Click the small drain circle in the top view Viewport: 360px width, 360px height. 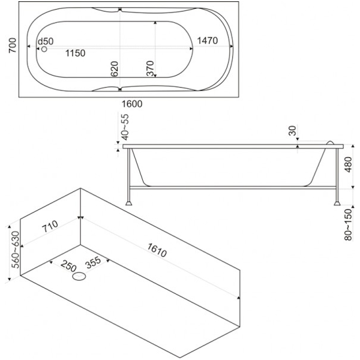(44, 49)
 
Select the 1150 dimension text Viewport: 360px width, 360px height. (76, 53)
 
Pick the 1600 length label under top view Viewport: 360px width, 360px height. (131, 104)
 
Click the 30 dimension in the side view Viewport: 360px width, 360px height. (293, 130)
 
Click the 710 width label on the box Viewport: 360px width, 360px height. (49, 227)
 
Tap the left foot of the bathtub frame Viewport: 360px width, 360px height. (129, 203)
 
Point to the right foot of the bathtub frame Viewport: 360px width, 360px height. (334, 203)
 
